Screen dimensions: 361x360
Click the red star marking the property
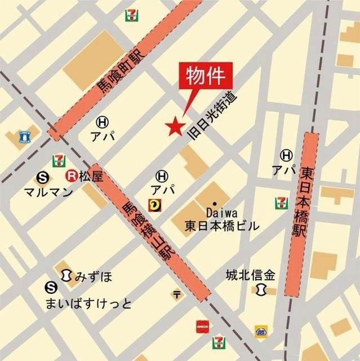(174, 126)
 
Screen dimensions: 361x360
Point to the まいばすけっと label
(89, 304)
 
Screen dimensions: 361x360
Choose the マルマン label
(48, 192)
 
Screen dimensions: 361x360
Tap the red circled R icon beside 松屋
(72, 176)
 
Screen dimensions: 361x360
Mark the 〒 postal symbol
(177, 294)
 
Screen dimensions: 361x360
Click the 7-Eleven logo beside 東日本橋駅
(280, 202)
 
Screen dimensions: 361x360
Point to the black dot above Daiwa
(214, 203)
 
